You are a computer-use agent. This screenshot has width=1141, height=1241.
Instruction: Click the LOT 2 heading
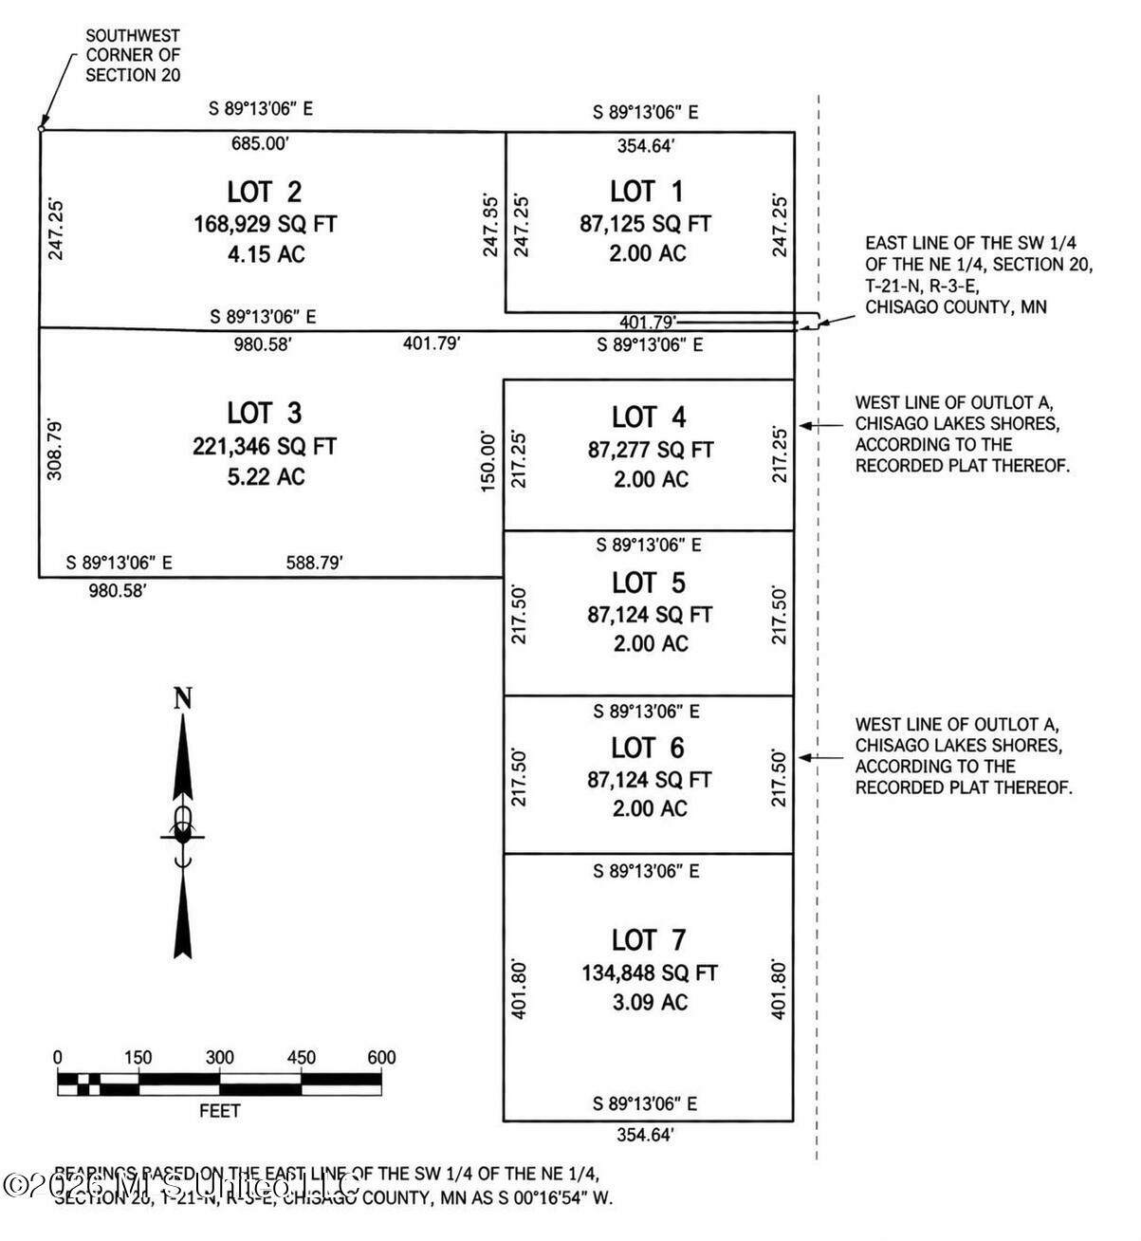[265, 192]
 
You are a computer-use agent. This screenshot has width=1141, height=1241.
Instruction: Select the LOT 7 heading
[648, 940]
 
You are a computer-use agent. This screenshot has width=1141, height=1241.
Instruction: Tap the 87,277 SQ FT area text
[650, 450]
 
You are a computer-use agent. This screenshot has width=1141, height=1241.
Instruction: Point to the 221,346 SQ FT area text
[265, 446]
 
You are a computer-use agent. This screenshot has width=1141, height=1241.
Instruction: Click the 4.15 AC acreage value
[265, 254]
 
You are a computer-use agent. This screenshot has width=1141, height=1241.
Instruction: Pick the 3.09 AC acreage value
[650, 1002]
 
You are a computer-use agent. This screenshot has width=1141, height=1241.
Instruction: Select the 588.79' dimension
[314, 564]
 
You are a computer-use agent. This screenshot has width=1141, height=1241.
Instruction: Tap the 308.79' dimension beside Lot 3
[55, 450]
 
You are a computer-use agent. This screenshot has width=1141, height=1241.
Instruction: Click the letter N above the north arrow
[183, 699]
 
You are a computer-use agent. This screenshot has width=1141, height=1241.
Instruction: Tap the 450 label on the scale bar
[302, 1058]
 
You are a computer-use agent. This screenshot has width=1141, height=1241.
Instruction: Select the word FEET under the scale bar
[219, 1111]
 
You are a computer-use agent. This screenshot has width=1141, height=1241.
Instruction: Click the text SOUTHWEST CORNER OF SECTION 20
[133, 55]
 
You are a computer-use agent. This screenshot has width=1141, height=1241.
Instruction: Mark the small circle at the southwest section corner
[40, 128]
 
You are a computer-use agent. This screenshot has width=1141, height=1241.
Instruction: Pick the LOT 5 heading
[648, 583]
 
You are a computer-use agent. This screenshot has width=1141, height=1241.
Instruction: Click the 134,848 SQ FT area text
[650, 972]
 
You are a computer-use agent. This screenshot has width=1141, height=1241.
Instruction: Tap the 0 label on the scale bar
[58, 1058]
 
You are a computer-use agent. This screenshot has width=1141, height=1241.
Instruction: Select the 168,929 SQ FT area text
[265, 224]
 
